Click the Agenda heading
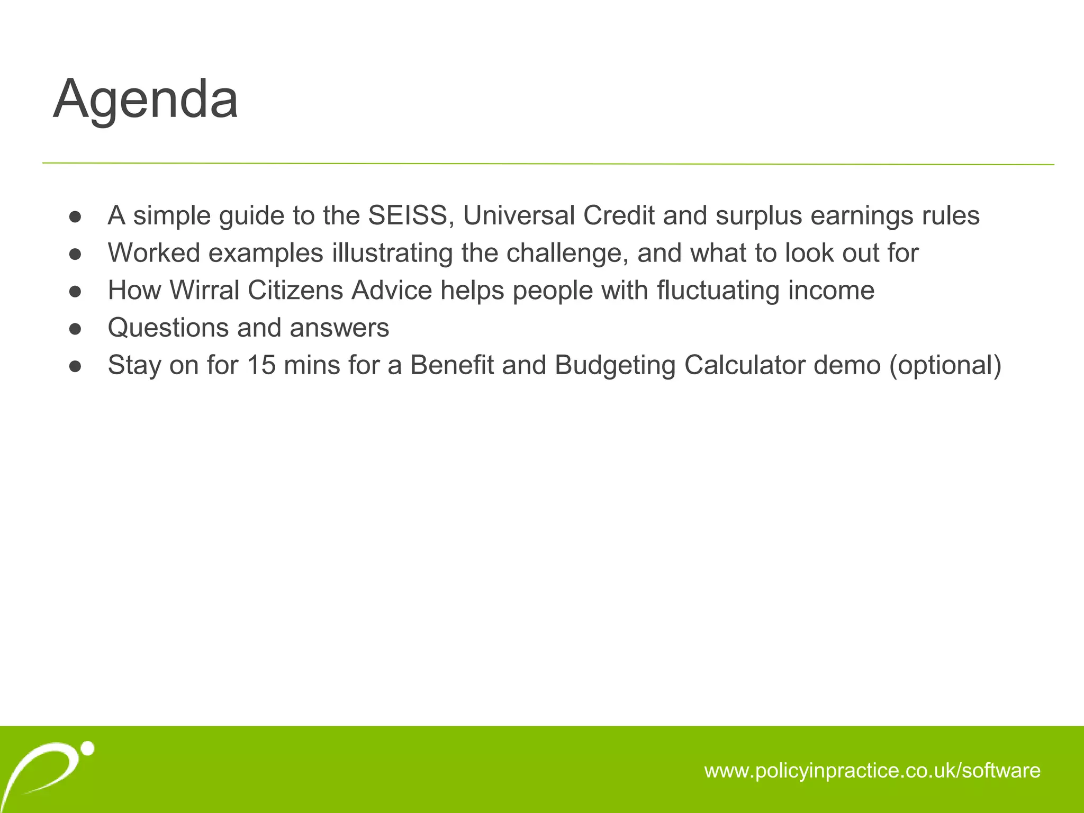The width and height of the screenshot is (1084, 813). (146, 100)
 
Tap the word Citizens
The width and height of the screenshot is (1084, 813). (295, 291)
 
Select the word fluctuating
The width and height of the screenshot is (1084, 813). (718, 291)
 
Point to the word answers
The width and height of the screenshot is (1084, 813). (339, 328)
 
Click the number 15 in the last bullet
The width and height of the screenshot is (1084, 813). (261, 365)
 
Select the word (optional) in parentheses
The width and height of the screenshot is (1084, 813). (945, 366)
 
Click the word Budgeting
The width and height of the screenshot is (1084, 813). (615, 366)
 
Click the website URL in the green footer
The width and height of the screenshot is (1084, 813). (872, 770)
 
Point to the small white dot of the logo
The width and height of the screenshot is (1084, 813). (88, 748)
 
